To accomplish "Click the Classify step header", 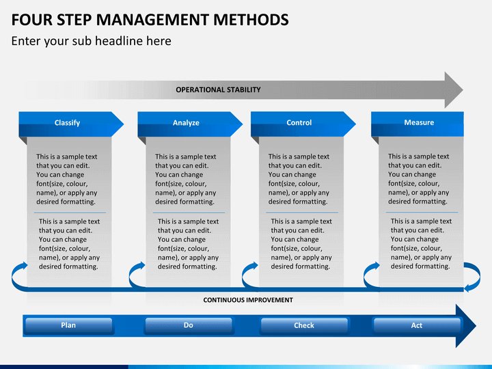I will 67,123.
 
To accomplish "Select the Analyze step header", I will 186,123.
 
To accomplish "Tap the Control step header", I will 299,123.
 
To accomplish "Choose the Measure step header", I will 418,123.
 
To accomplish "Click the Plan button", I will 68,326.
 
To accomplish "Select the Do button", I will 188,326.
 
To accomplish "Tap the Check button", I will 304,326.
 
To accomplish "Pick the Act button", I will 417,326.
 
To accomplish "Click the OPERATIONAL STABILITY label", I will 218,90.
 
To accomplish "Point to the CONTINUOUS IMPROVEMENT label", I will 248,300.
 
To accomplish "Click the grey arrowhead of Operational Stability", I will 452,90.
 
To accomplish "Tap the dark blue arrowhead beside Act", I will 467,326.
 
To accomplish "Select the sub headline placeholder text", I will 91,41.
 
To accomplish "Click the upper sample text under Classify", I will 66,179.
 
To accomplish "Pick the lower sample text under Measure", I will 421,244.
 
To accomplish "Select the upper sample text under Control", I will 299,179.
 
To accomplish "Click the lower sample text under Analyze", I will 188,244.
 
